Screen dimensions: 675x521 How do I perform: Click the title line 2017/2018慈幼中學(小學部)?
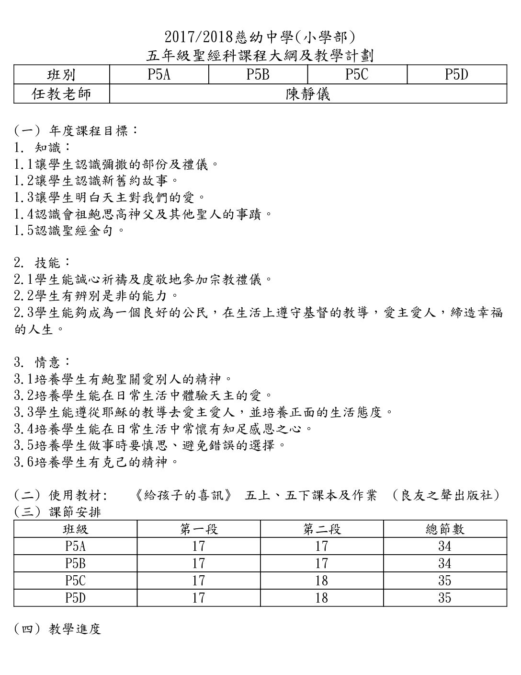coord(260,37)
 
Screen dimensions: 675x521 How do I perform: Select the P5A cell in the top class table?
coord(159,74)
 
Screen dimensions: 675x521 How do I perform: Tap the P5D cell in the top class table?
coord(456,74)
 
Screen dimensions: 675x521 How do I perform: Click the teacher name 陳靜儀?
coord(308,94)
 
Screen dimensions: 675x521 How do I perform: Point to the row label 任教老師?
coord(61,94)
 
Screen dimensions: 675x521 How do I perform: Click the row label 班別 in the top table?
coord(61,74)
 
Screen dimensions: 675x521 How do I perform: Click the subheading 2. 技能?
coord(43,263)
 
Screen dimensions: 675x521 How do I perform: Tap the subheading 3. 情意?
coord(43,362)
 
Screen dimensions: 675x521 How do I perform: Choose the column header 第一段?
coord(199,529)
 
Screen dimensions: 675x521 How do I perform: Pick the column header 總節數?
coord(444,529)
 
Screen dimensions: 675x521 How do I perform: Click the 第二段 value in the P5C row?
coord(321,581)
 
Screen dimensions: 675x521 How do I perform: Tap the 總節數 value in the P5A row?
coord(444,546)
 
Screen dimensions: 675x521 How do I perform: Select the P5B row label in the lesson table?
coord(75,563)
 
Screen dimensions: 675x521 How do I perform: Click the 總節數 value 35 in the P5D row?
coord(444,598)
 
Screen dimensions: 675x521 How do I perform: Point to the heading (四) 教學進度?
coord(57,629)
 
